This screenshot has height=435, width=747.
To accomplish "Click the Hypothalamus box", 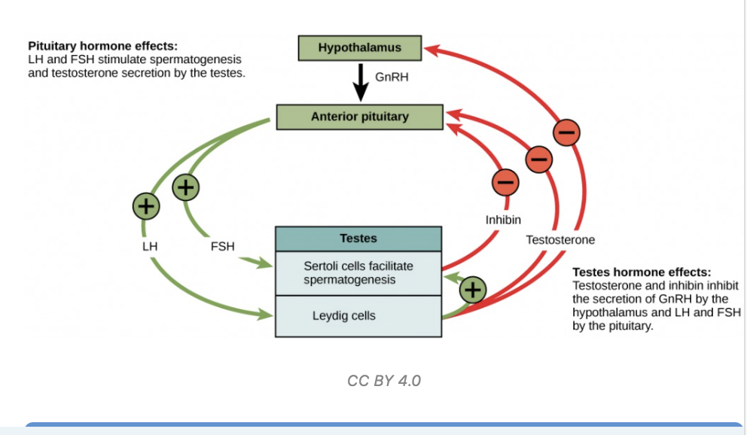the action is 360,48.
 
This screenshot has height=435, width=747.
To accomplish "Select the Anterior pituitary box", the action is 360,117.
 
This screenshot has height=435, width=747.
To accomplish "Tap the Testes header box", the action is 358,239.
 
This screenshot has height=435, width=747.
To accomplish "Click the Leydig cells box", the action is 358,317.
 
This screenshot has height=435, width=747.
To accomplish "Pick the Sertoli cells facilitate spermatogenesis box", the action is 358,273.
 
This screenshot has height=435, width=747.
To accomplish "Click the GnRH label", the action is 392,77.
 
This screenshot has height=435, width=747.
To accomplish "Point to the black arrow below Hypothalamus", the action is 361,82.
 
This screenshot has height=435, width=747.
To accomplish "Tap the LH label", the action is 150,247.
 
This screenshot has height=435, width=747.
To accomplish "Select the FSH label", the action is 222,247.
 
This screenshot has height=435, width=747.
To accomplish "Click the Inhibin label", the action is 503,220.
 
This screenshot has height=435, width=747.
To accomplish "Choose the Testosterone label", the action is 560,240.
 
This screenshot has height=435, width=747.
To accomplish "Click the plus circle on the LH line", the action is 146,206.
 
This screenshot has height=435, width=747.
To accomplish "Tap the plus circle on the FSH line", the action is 186,187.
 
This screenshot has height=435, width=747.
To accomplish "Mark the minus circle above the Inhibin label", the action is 505,182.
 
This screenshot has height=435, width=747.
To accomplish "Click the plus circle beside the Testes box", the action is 473,290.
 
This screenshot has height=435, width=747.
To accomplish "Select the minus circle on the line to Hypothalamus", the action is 566,132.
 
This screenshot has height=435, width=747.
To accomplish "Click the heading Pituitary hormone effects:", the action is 103,46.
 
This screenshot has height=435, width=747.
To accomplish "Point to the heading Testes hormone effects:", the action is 642,272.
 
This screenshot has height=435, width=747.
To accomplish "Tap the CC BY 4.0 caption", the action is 384,381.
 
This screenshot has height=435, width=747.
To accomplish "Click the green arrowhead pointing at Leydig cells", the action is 266,314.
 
